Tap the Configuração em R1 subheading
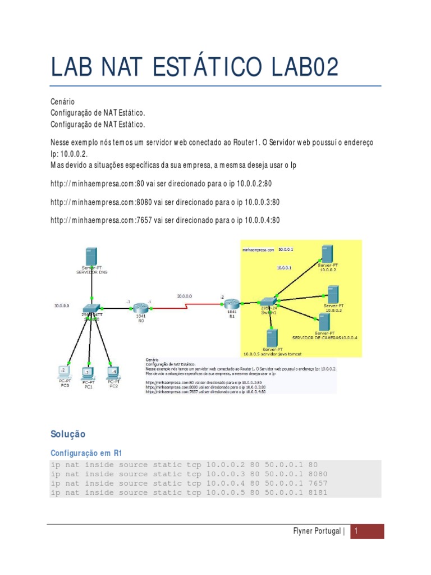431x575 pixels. click(x=86, y=452)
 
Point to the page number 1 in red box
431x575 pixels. click(x=368, y=532)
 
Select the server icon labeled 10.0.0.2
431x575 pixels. click(x=327, y=253)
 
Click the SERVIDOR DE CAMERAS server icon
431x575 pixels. click(x=323, y=322)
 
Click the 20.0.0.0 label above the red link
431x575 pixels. click(x=184, y=295)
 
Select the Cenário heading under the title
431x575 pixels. click(x=62, y=102)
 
